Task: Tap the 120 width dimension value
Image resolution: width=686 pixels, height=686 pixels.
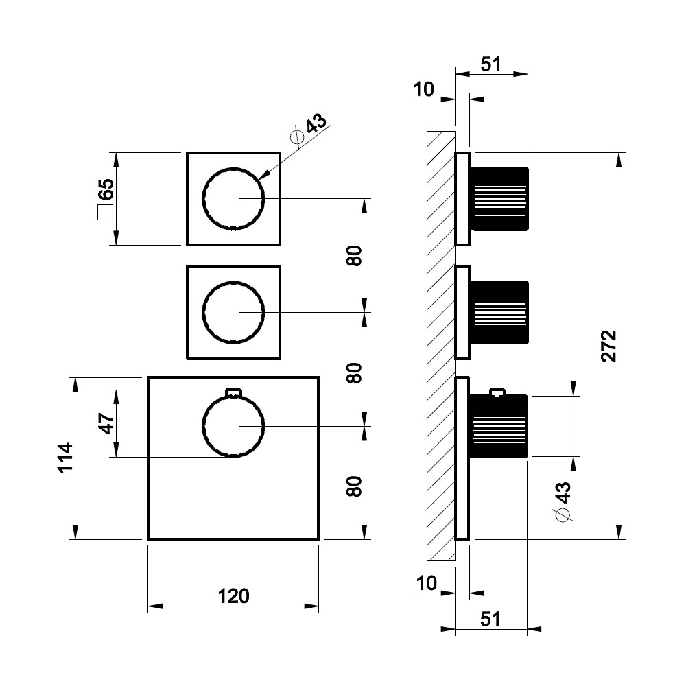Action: pyautogui.click(x=234, y=596)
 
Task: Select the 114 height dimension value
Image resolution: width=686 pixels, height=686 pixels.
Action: pyautogui.click(x=64, y=458)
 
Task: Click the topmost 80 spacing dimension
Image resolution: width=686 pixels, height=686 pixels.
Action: pyautogui.click(x=354, y=256)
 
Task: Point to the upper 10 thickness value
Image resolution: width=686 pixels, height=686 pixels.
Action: pyautogui.click(x=425, y=89)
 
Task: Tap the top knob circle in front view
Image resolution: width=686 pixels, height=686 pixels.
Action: pyautogui.click(x=233, y=198)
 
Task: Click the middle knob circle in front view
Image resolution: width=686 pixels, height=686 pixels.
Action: pyautogui.click(x=233, y=312)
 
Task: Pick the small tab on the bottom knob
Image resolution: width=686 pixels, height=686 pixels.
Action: pyautogui.click(x=233, y=392)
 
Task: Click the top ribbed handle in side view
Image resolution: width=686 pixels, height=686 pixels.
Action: pyautogui.click(x=500, y=198)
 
